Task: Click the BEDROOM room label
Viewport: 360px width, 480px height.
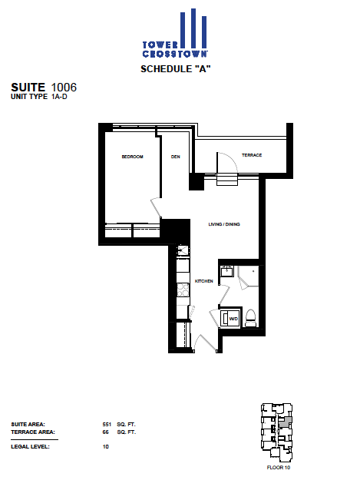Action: [x=133, y=157]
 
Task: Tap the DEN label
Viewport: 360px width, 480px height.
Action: [x=176, y=157]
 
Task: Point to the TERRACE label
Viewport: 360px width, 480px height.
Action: [x=252, y=155]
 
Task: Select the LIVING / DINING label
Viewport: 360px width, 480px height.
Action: [x=224, y=224]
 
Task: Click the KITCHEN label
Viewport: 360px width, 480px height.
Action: [x=204, y=281]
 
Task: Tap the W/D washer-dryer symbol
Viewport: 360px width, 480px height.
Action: [x=230, y=319]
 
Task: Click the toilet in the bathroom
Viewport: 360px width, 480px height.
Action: [x=250, y=319]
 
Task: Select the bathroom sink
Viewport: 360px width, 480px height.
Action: [x=227, y=271]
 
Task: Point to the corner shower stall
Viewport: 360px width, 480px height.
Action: [x=248, y=277]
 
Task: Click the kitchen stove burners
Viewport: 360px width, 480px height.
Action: [x=183, y=290]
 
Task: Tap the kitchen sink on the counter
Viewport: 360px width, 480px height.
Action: [x=183, y=250]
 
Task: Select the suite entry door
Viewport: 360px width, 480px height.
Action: [x=205, y=343]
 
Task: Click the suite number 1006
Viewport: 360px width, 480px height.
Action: [x=64, y=88]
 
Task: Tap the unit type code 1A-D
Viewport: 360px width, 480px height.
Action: [x=59, y=97]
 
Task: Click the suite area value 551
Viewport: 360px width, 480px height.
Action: [x=107, y=424]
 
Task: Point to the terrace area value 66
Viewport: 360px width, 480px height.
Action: [x=105, y=432]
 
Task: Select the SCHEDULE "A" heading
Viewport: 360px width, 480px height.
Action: [x=176, y=69]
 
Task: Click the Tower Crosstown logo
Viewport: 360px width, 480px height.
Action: [x=175, y=33]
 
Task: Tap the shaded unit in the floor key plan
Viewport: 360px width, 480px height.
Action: [x=285, y=422]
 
